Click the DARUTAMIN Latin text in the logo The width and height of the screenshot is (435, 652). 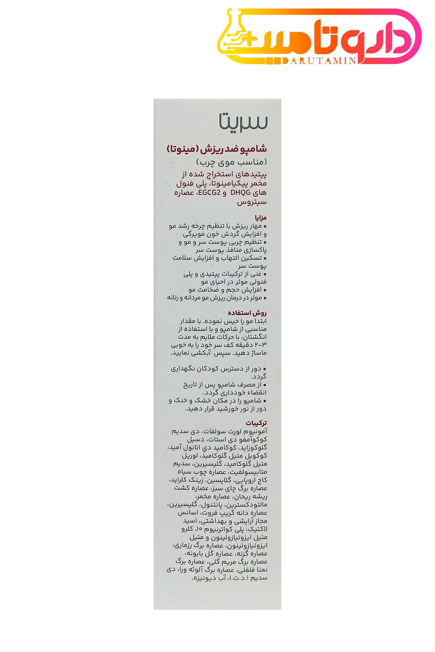coord(323,60)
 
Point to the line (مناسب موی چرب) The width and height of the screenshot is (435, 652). coord(232,162)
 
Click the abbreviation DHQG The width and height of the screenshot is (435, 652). coord(240,193)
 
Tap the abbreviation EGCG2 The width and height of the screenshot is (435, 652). coord(209,193)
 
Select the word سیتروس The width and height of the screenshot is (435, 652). coord(252,202)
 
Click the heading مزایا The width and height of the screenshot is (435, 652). coord(261,218)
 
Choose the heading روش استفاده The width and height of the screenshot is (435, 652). coord(247,313)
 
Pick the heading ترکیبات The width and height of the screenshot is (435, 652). coord(256,423)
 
